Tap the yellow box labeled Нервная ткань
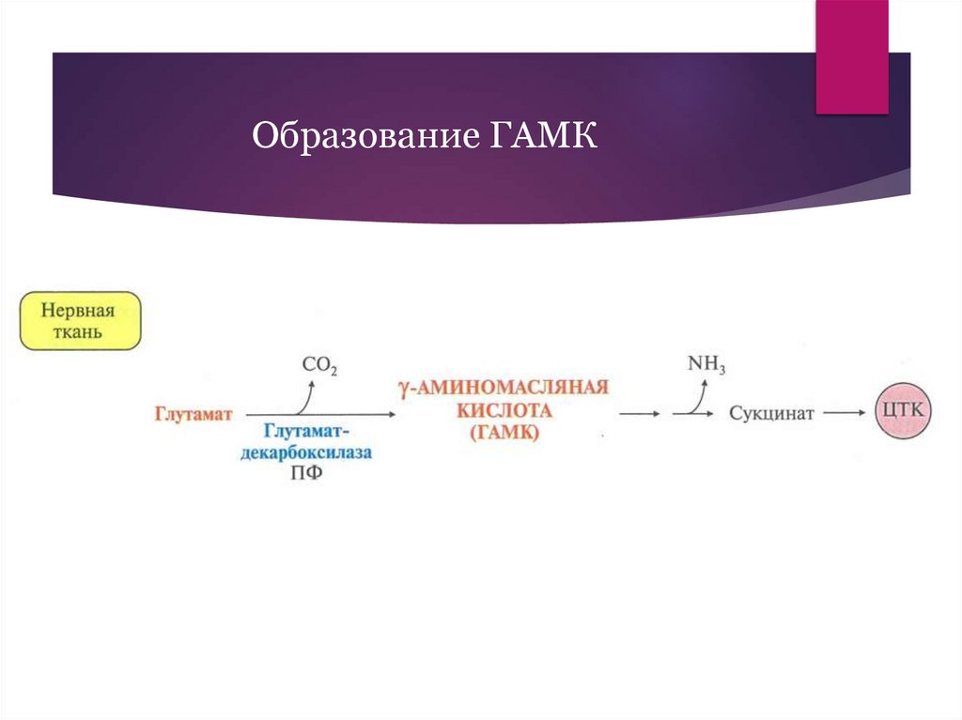(x=81, y=320)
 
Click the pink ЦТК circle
(x=904, y=412)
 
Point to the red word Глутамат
(x=193, y=413)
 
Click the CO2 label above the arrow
(x=318, y=366)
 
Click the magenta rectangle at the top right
(x=851, y=56)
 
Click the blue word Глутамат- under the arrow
(x=306, y=431)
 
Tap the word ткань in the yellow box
(x=81, y=331)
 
